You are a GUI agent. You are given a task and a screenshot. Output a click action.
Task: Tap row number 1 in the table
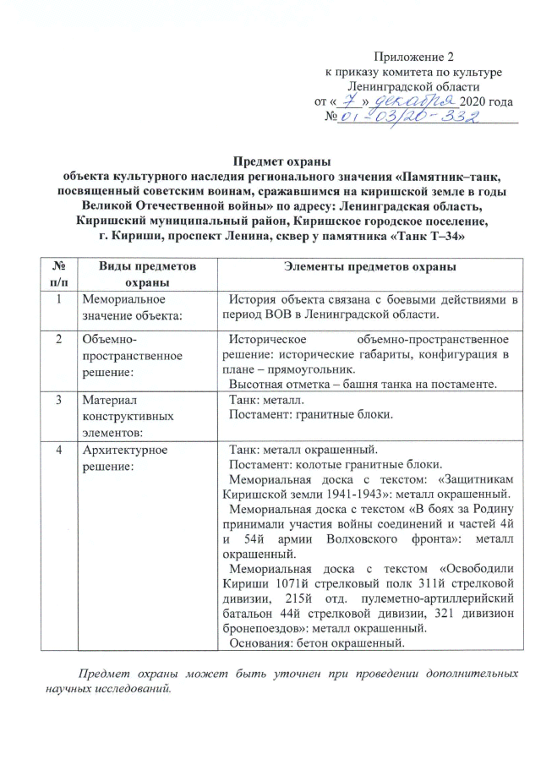(x=58, y=299)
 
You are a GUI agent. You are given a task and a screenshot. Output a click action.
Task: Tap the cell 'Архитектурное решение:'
(x=118, y=456)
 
